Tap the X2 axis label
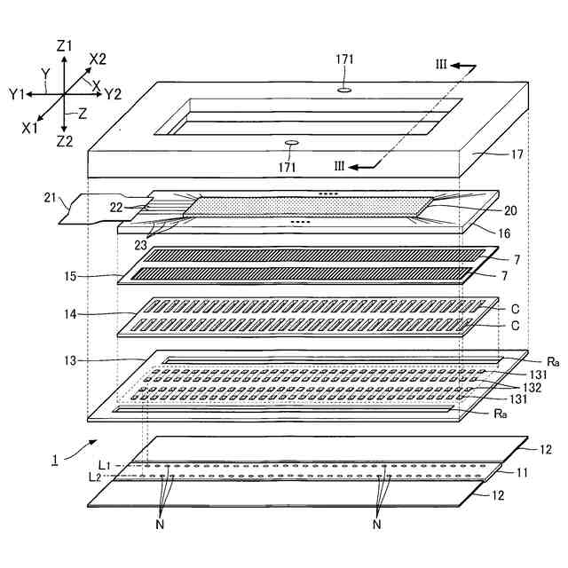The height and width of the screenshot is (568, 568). click(x=98, y=59)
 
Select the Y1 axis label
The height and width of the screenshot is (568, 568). click(x=17, y=92)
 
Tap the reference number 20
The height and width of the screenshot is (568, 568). click(x=510, y=211)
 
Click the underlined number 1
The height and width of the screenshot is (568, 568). click(x=55, y=460)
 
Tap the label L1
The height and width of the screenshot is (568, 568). click(x=106, y=465)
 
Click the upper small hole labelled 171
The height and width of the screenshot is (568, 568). click(x=345, y=90)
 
